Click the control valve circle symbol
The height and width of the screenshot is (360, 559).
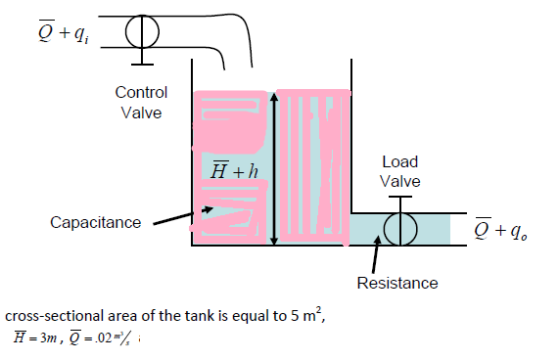(x=143, y=31)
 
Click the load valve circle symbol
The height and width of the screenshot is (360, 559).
(x=399, y=228)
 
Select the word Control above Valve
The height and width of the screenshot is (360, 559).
(x=141, y=92)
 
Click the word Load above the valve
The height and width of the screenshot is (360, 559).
(x=399, y=161)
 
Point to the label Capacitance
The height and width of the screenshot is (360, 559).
(x=95, y=222)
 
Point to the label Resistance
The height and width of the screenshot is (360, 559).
(x=397, y=283)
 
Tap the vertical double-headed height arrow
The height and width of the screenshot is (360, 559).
(x=274, y=166)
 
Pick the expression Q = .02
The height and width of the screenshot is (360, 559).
(x=109, y=337)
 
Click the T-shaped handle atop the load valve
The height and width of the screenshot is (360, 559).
(x=399, y=200)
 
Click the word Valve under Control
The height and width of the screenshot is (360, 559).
(x=141, y=112)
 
